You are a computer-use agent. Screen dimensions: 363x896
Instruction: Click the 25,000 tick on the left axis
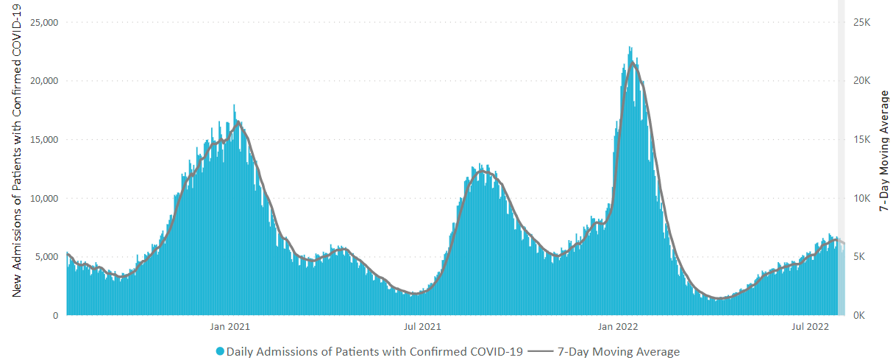(43, 22)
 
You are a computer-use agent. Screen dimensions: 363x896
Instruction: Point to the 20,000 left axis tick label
(43, 81)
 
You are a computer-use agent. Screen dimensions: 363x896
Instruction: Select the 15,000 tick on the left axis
(43, 139)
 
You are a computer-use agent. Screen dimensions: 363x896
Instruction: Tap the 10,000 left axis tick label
(43, 198)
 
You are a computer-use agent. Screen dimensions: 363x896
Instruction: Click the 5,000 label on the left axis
(46, 257)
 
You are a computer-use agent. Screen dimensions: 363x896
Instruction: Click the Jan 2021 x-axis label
(230, 326)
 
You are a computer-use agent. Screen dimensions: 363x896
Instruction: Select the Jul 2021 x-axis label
(422, 326)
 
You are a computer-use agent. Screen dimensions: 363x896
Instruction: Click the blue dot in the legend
(220, 352)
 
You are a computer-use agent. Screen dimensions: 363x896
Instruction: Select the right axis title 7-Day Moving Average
(885, 152)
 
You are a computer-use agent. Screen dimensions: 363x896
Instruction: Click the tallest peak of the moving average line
(633, 63)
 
